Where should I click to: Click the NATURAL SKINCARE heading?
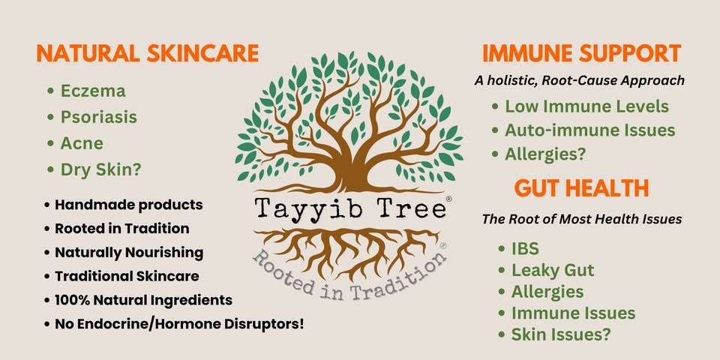point(148,54)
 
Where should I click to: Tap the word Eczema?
point(93,91)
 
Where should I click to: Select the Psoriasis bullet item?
point(99,117)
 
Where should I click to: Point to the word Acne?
point(82,143)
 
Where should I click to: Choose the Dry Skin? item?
point(100,170)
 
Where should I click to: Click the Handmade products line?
point(128,204)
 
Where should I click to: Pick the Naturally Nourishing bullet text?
point(129,252)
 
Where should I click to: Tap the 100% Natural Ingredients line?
point(144,300)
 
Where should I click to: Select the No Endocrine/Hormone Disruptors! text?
point(179,324)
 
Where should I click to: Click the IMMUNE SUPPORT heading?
point(581,54)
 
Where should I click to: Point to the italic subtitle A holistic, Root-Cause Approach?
point(580,81)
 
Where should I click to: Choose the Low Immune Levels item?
point(586,106)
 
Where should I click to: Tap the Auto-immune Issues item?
point(590,130)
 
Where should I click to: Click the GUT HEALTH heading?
point(581,188)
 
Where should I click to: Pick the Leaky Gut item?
point(553,271)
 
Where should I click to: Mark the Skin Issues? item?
point(561,334)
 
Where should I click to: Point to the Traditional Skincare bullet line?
point(127,276)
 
